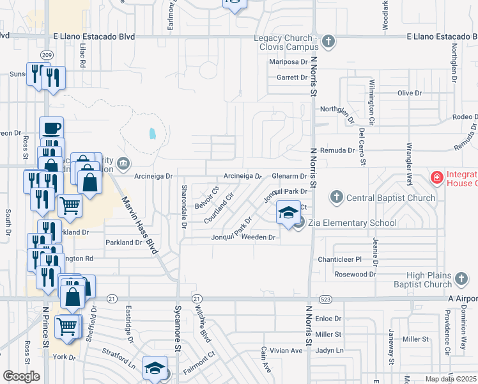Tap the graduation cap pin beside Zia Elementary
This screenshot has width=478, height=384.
coord(288,212)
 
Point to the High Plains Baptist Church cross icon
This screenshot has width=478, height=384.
coord(462,280)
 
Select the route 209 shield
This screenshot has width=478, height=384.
coord(46,55)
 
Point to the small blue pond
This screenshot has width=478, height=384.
coord(152,134)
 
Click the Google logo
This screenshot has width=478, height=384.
coord(21,376)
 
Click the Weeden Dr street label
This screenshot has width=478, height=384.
coord(258,237)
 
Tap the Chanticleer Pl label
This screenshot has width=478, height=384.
coord(340,259)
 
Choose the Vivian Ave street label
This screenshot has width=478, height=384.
coord(286,351)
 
